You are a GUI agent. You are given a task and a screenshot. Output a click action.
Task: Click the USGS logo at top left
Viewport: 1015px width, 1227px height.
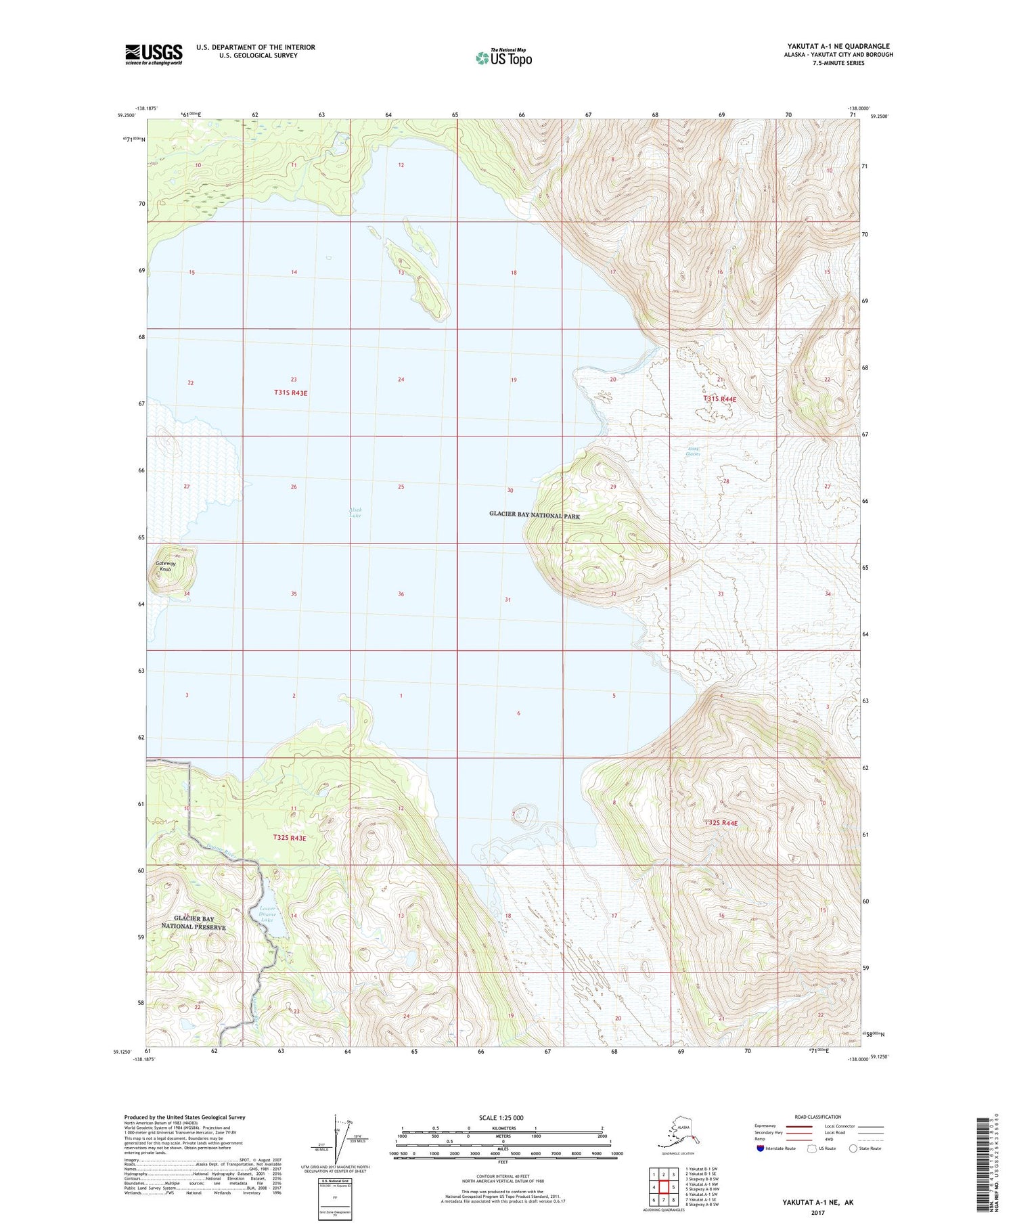154,54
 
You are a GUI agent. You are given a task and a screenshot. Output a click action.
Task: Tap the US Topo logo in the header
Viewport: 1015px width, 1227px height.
504,58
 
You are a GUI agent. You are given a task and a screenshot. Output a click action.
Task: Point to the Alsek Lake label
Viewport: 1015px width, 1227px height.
355,513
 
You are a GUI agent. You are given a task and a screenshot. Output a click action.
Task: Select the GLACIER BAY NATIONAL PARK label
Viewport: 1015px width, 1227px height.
535,515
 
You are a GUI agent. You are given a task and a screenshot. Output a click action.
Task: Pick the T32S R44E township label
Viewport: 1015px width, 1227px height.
721,823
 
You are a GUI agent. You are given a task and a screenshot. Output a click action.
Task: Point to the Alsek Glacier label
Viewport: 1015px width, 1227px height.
693,451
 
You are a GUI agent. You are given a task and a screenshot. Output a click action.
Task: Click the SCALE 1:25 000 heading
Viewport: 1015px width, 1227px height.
501,1117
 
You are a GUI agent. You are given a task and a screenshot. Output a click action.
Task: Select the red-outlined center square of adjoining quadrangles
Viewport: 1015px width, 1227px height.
664,1186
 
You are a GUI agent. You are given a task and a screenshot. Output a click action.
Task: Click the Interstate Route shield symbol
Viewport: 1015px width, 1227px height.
761,1148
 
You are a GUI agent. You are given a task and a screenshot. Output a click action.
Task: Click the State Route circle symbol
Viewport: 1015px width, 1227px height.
853,1148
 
